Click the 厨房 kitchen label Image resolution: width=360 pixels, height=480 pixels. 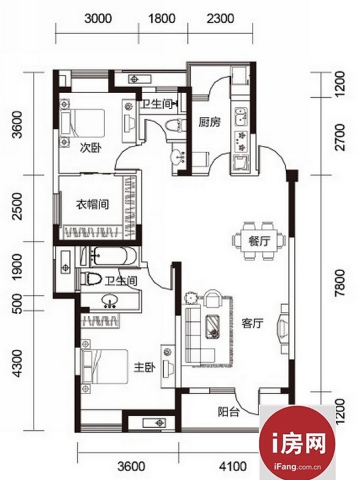tap(209, 122)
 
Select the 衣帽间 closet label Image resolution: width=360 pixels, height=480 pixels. tap(92, 204)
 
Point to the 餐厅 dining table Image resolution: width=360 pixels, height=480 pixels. tap(259, 241)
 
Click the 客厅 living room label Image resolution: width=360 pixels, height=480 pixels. tap(253, 323)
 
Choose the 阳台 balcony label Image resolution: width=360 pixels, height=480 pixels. tap(229, 412)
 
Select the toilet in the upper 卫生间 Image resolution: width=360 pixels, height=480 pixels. tap(175, 125)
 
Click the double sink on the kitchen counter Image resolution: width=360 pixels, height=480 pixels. tap(241, 116)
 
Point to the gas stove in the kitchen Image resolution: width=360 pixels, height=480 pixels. tap(242, 141)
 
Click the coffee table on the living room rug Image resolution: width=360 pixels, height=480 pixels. tap(213, 326)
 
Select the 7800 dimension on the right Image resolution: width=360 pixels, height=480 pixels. tap(340, 283)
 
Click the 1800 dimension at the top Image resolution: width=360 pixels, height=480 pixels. tap(161, 19)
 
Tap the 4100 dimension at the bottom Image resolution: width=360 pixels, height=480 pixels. tap(233, 467)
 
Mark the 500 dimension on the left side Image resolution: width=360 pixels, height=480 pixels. tap(18, 304)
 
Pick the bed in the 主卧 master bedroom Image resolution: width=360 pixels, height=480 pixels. tap(104, 367)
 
